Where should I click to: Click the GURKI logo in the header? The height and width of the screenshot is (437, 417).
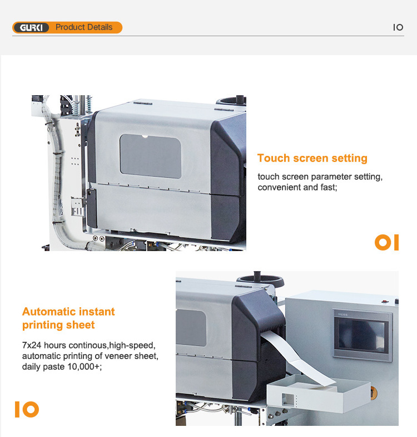[x=31, y=28]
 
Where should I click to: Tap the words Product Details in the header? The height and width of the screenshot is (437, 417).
[x=84, y=27]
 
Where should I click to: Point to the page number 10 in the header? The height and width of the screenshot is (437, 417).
[x=398, y=27]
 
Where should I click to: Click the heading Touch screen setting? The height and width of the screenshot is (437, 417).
[x=312, y=158]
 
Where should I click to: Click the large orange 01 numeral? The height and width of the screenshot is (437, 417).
[x=386, y=243]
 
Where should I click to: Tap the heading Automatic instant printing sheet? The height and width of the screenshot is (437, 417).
[x=68, y=318]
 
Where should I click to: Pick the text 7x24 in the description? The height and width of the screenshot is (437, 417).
[x=32, y=345]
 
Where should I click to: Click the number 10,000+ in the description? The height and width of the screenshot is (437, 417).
[x=85, y=366]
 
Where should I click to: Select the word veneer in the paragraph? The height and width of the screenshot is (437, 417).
[x=119, y=356]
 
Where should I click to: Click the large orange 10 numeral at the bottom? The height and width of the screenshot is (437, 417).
[x=27, y=409]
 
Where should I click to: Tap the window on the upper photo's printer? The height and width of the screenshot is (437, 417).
[x=151, y=156]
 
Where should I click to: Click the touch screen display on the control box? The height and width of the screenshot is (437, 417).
[x=362, y=335]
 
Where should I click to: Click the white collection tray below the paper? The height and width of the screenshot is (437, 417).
[x=319, y=393]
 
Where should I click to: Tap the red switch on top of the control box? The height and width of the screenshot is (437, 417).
[x=385, y=301]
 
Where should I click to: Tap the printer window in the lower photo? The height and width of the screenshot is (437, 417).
[x=191, y=328]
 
